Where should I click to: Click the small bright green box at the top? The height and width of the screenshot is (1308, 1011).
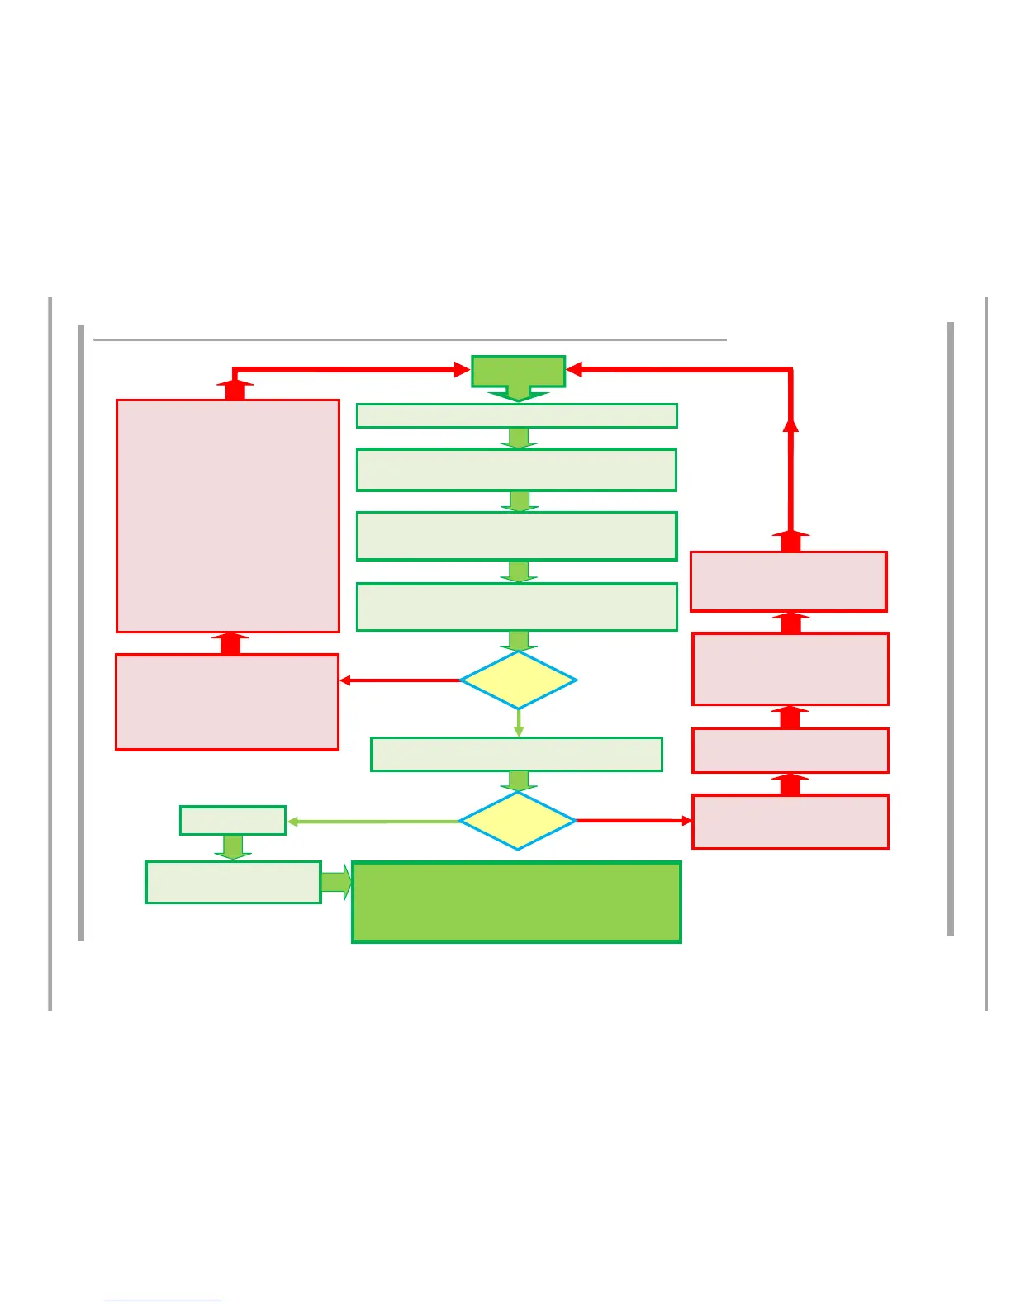518,371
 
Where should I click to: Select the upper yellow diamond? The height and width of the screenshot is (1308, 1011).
518,680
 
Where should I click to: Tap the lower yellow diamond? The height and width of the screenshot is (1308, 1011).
517,821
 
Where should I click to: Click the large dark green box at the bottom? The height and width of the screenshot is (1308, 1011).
516,902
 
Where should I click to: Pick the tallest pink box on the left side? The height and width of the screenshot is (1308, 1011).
228,516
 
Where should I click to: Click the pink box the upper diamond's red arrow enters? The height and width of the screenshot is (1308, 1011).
227,702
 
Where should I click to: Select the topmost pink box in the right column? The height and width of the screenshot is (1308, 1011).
789,581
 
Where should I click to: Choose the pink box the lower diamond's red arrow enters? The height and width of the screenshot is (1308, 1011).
790,822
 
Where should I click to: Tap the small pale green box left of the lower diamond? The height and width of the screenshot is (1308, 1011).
233,821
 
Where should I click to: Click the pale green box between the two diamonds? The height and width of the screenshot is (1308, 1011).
516,754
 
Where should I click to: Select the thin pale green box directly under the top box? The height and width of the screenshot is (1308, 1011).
516,415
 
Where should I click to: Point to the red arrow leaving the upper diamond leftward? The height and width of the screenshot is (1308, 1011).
400,680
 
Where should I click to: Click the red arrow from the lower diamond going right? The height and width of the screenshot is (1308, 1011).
634,821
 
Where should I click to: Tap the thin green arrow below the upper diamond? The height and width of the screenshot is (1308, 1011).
519,723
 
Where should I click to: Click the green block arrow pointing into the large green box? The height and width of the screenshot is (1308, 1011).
336,882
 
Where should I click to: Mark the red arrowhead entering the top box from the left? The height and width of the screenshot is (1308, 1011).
462,370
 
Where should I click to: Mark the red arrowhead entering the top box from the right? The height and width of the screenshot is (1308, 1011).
576,370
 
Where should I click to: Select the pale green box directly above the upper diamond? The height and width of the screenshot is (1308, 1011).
516,607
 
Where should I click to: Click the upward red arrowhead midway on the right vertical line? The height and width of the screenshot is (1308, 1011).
790,424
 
